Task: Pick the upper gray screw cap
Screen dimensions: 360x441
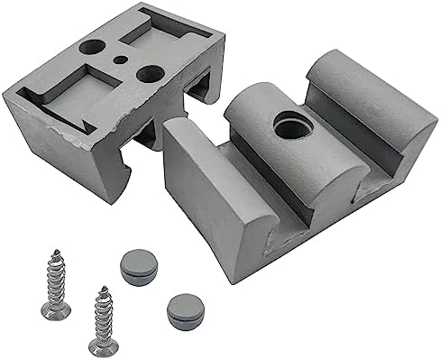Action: (136, 267)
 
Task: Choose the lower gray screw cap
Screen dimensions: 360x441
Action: (183, 309)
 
